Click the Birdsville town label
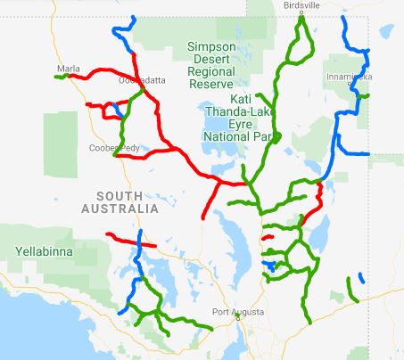coord(301,4)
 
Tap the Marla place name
coord(68,68)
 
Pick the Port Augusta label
coord(238,312)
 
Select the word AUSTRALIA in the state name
coord(122,209)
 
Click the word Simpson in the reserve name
coord(210,46)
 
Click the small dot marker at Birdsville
coord(301,12)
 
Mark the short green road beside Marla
coord(61,77)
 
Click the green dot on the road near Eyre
coord(277,136)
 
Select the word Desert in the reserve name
coord(210,59)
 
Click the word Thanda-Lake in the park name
coord(237,112)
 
